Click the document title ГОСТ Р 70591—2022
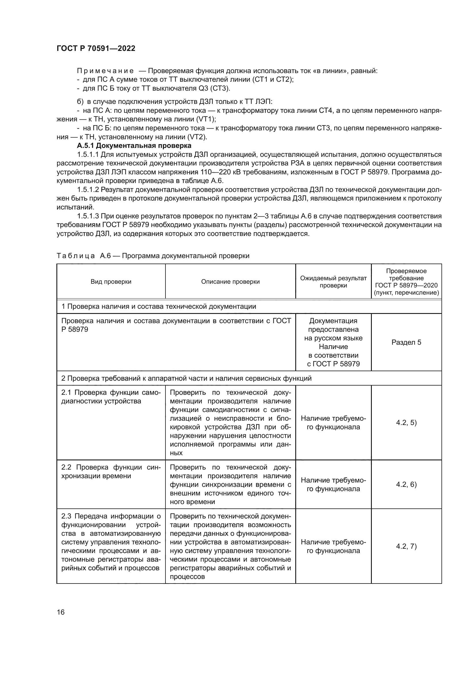96,49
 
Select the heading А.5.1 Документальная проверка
134,146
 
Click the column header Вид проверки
111,282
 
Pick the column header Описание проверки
231,282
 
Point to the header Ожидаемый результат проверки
333,282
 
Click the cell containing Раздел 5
406,342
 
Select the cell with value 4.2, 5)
406,423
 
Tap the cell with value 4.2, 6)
406,485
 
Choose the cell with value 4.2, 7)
406,546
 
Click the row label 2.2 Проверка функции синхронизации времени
111,472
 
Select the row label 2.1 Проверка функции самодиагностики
111,397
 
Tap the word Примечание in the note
105,71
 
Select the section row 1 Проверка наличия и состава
159,307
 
